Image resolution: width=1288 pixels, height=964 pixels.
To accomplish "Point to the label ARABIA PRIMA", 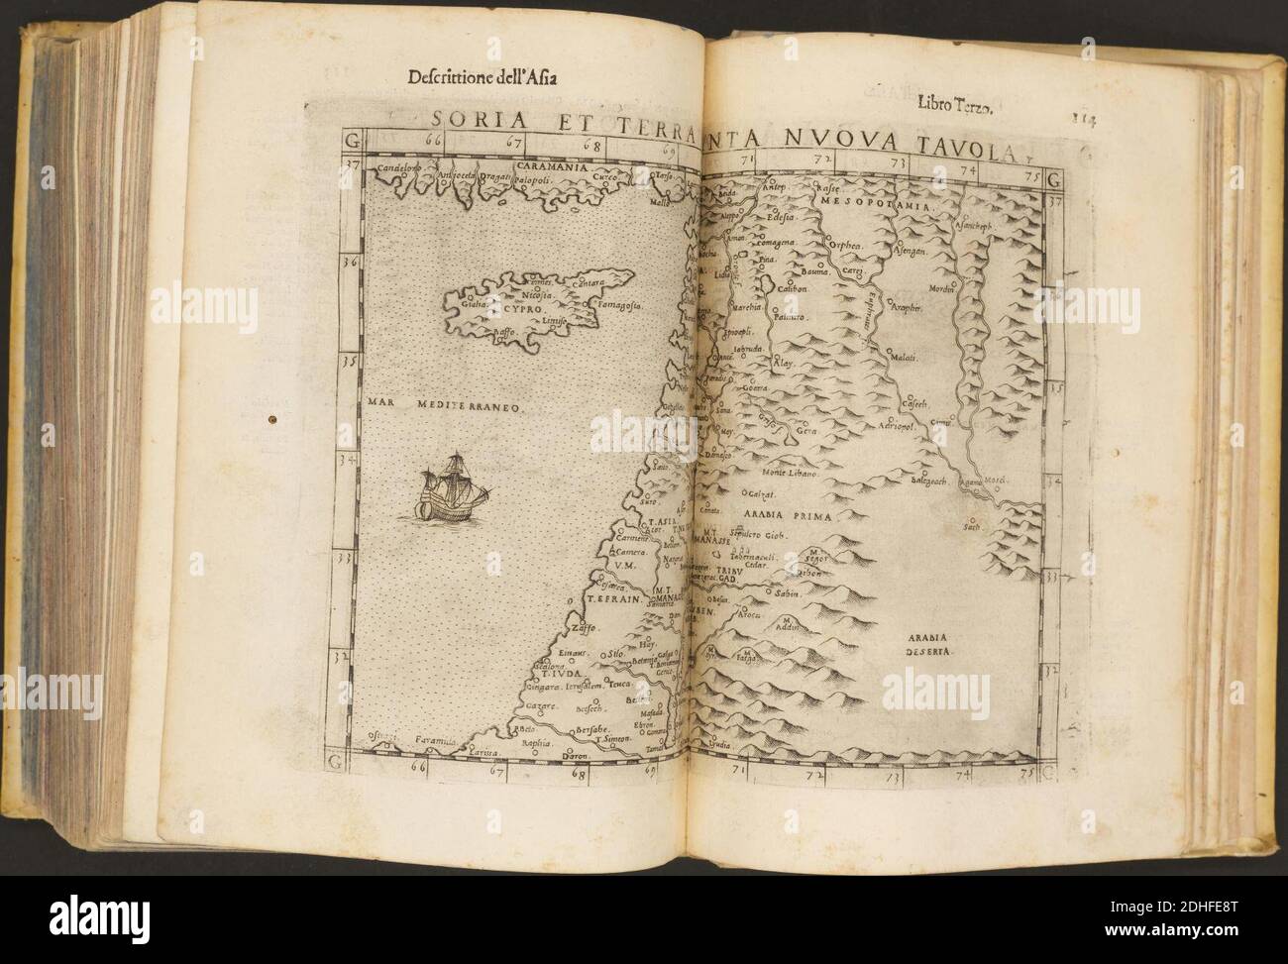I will (791, 516).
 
